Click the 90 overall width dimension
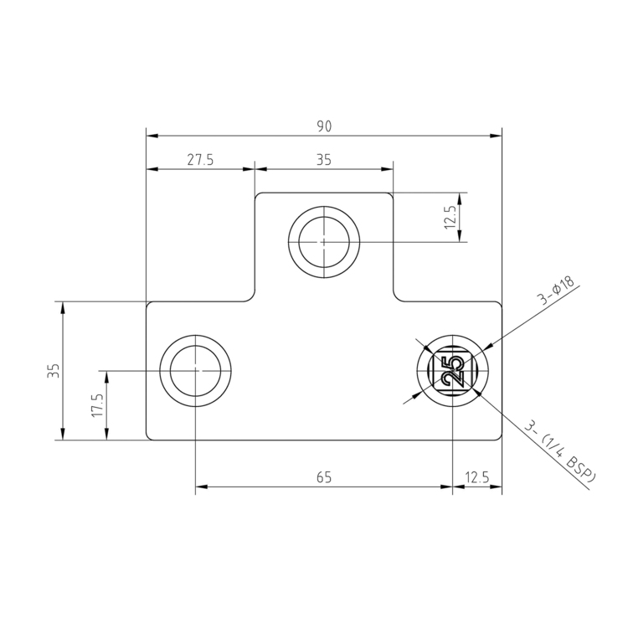pyautogui.click(x=324, y=126)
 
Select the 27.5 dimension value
pyautogui.click(x=200, y=160)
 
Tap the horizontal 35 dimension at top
pyautogui.click(x=324, y=160)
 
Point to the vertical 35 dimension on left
pyautogui.click(x=53, y=371)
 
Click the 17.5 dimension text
pyautogui.click(x=96, y=405)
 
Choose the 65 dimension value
pyautogui.click(x=324, y=477)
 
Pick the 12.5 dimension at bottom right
pyautogui.click(x=477, y=477)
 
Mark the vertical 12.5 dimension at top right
pyautogui.click(x=451, y=218)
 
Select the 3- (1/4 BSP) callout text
pyautogui.click(x=560, y=452)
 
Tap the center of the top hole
pyautogui.click(x=324, y=242)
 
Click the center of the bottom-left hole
pyautogui.click(x=196, y=370)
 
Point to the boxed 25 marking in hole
pyautogui.click(x=452, y=370)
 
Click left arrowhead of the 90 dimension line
pyautogui.click(x=152, y=136)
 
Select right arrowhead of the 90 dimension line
pyautogui.click(x=497, y=136)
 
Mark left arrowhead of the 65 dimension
pyautogui.click(x=202, y=486)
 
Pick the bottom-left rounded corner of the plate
pyautogui.click(x=150, y=435)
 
